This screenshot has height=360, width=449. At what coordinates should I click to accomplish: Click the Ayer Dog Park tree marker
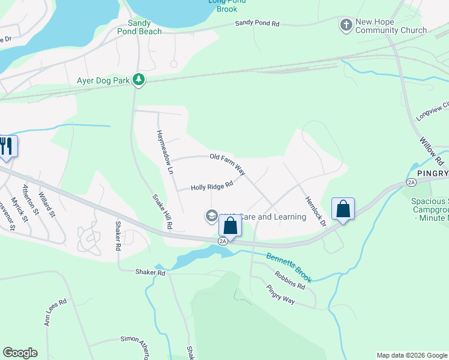(x=139, y=80)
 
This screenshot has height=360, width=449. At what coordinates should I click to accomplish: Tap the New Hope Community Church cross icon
(x=346, y=25)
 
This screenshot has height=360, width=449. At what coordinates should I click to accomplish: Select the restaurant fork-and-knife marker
(x=7, y=146)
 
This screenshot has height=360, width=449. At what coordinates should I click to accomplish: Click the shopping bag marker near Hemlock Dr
(x=343, y=209)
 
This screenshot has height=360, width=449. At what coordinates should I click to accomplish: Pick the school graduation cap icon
(x=211, y=215)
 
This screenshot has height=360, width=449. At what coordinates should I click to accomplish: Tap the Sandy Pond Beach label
(x=140, y=26)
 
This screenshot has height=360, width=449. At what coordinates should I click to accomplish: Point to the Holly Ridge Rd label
(x=211, y=187)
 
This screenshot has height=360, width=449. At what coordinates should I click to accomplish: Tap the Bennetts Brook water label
(x=290, y=268)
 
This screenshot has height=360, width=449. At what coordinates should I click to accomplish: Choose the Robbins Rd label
(x=290, y=281)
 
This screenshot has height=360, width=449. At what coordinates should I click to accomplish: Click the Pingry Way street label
(x=280, y=295)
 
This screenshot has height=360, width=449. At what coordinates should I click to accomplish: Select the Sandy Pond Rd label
(x=257, y=23)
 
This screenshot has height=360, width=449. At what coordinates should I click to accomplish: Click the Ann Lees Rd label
(x=55, y=313)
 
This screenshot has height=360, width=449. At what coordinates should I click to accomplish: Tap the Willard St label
(x=46, y=205)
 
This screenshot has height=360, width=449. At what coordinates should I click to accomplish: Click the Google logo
(x=20, y=353)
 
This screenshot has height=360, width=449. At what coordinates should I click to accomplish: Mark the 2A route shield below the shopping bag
(x=223, y=241)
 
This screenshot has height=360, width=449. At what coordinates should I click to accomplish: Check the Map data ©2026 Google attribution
(x=412, y=355)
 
